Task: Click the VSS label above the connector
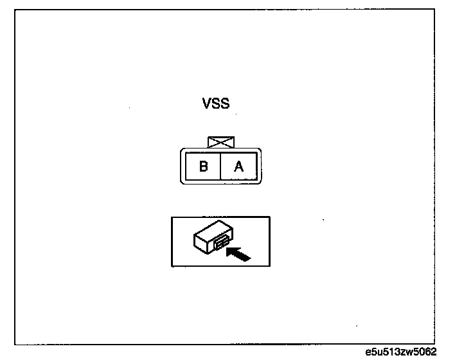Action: pos(215,104)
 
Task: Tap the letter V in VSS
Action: pos(207,104)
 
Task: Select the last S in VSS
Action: pos(224,104)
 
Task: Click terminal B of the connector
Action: pos(203,166)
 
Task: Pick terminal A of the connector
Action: pos(238,166)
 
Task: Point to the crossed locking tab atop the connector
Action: pos(220,142)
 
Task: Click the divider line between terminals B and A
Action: pos(220,166)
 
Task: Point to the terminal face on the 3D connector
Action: pos(219,242)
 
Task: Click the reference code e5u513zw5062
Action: pos(400,352)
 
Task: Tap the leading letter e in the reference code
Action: pos(367,353)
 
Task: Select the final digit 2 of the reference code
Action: pos(434,352)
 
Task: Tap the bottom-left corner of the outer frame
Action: pos(15,345)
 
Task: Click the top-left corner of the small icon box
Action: pos(171,217)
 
